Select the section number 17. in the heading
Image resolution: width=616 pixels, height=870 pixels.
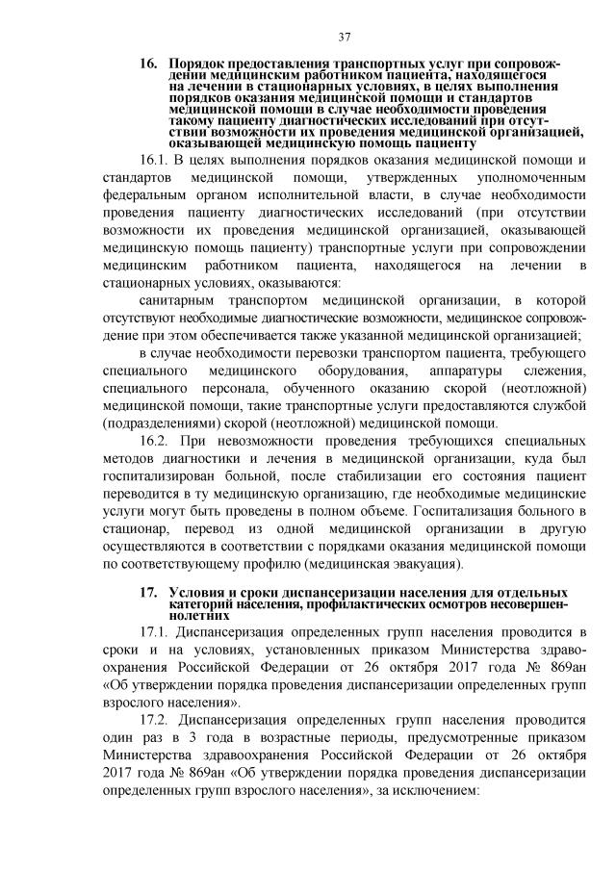[148, 590]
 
